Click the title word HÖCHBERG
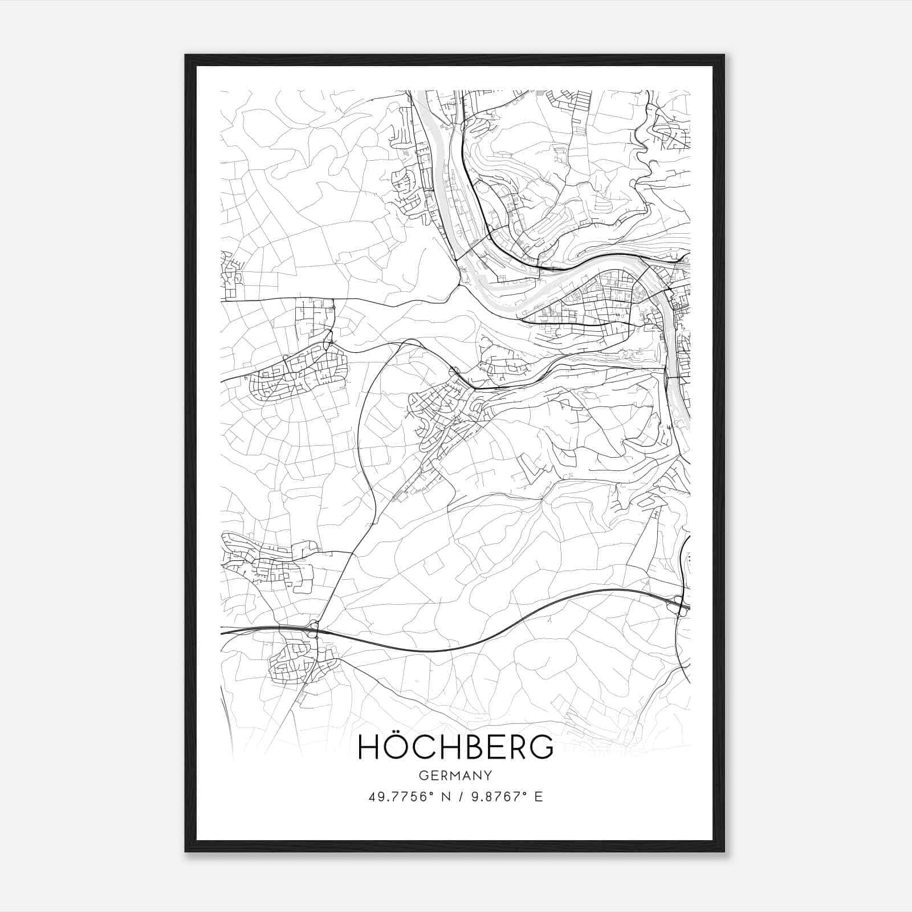455,747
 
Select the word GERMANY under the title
455,776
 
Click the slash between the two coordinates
455,796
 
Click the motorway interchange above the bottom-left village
313,629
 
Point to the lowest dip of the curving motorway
433,650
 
